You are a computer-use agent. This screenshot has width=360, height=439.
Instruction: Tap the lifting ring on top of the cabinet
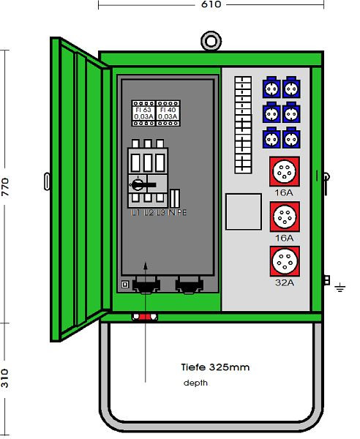tap(211, 40)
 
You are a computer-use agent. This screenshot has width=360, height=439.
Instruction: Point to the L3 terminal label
tap(160, 213)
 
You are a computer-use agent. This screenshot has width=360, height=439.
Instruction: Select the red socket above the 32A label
tap(282, 260)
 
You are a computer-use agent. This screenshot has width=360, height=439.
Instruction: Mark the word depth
tap(195, 383)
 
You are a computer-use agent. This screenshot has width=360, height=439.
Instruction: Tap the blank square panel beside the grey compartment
tap(244, 211)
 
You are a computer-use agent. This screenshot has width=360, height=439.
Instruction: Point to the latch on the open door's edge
tap(47, 180)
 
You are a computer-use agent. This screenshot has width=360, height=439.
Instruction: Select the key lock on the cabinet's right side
tap(323, 176)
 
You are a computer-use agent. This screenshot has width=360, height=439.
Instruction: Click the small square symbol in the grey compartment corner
tap(124, 284)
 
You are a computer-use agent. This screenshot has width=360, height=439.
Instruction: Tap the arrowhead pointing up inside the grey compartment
tap(146, 265)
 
